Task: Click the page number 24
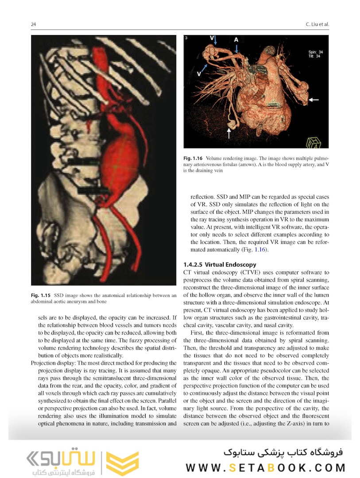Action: coord(33,24)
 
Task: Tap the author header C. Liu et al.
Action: coord(316,24)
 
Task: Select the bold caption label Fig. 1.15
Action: coord(40,295)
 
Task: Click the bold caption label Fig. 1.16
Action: coord(193,158)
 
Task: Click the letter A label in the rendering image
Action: coord(236,40)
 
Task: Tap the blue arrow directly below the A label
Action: coord(237,50)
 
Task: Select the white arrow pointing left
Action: coord(314,100)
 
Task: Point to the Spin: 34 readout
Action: coord(315,52)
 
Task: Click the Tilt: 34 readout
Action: coord(314,57)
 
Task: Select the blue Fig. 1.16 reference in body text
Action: coord(259,250)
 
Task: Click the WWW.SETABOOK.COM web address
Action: coord(266,467)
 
